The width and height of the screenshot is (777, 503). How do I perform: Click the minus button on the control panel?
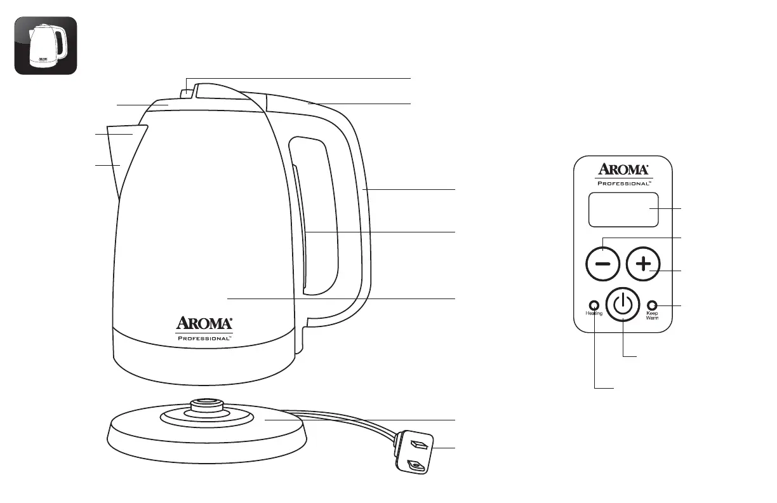(602, 264)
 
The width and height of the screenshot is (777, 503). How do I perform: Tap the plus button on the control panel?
(643, 264)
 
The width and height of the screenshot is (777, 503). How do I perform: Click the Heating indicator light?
(594, 304)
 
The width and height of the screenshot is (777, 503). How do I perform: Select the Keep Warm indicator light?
(651, 304)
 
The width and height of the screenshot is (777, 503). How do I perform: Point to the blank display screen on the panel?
(623, 210)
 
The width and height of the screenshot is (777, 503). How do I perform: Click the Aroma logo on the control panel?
(623, 170)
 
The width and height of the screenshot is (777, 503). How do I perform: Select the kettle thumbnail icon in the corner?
(46, 46)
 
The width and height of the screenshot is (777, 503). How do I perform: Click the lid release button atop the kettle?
(187, 93)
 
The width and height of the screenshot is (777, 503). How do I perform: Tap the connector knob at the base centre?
(203, 404)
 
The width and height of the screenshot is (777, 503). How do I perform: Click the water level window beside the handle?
(299, 229)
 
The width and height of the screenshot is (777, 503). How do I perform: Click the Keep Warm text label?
(653, 316)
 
